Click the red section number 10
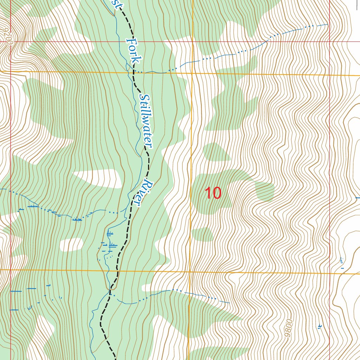pos(213,193)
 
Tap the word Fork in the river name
pos(133,51)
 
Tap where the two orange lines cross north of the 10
pos(192,73)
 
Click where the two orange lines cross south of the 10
pos(190,272)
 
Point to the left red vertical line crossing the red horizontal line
pos(11,41)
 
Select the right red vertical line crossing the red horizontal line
pos(329,41)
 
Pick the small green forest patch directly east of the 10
pos(264,191)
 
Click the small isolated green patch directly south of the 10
pos(202,234)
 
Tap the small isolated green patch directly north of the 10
pos(215,152)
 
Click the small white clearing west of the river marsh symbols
pos(71,244)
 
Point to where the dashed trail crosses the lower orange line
pos(117,271)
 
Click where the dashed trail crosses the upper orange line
pos(134,72)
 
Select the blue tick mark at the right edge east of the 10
pos(358,198)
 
